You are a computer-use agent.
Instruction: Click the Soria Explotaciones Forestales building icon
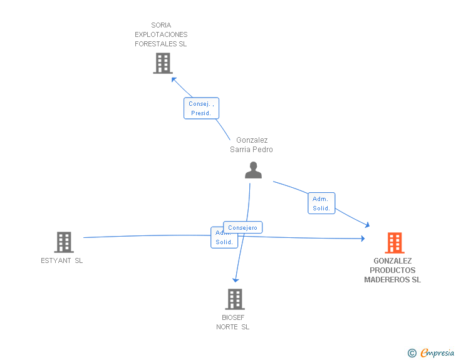[x=162, y=63]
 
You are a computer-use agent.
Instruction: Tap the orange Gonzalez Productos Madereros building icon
[x=394, y=242]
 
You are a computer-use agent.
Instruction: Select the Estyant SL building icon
[x=63, y=242]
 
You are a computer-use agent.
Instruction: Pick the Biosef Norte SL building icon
[x=234, y=299]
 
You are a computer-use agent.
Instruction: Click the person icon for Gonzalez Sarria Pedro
[x=253, y=170]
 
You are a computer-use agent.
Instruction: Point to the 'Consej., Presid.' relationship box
[x=201, y=108]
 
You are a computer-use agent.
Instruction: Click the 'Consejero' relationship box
[x=243, y=228]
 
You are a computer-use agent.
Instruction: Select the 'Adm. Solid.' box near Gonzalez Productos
[x=321, y=203]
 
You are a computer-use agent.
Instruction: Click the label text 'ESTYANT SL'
[x=62, y=261]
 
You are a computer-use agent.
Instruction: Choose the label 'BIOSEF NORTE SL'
[x=233, y=322]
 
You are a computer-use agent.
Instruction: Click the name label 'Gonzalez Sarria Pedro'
[x=251, y=145]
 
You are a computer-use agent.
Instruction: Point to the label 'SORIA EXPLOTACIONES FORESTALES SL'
[x=161, y=35]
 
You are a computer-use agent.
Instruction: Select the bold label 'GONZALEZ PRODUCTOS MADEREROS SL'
[x=393, y=270]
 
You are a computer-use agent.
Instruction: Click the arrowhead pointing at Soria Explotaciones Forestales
[x=174, y=80]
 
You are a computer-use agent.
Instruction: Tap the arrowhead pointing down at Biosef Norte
[x=236, y=279]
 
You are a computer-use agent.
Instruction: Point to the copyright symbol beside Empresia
[x=412, y=353]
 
